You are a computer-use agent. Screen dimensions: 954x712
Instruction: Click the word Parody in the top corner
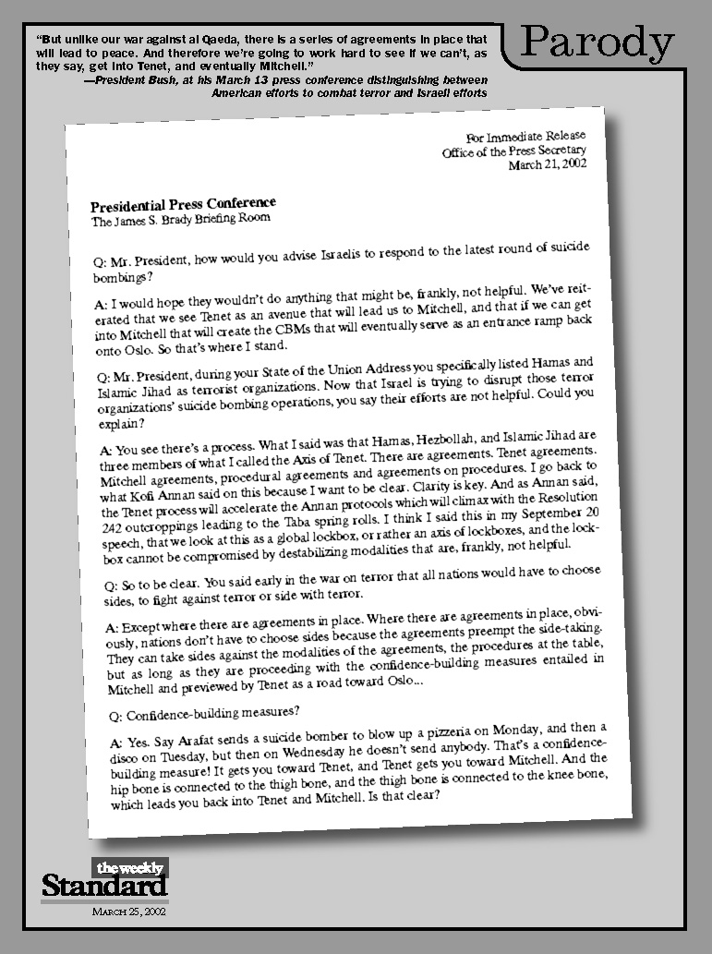(x=597, y=43)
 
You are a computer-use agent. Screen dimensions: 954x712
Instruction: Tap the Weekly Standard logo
(x=104, y=880)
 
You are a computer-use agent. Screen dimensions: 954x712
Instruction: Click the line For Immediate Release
(x=525, y=137)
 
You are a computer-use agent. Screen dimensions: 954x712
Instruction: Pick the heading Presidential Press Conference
(x=183, y=204)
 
